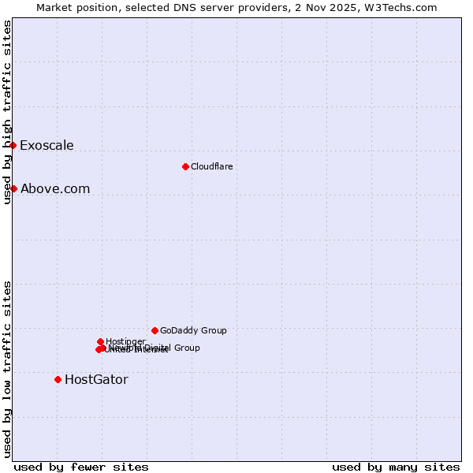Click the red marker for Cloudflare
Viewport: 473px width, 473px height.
click(185, 166)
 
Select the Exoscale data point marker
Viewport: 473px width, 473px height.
click(13, 145)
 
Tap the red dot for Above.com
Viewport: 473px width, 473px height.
click(13, 188)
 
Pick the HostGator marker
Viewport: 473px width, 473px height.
click(58, 379)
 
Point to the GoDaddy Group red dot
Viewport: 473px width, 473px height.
click(155, 330)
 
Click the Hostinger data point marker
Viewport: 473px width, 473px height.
click(100, 341)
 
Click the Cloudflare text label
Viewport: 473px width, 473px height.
click(211, 166)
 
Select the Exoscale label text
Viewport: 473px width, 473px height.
click(47, 145)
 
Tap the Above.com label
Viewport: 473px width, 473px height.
click(55, 188)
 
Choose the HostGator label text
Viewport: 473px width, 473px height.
click(96, 379)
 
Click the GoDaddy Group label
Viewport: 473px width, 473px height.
click(193, 330)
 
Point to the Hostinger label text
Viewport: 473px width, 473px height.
click(125, 341)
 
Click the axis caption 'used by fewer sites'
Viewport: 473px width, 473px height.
click(81, 467)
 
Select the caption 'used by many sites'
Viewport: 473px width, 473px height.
click(396, 467)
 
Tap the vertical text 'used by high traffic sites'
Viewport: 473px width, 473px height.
click(7, 112)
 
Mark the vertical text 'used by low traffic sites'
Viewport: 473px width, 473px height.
click(7, 368)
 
